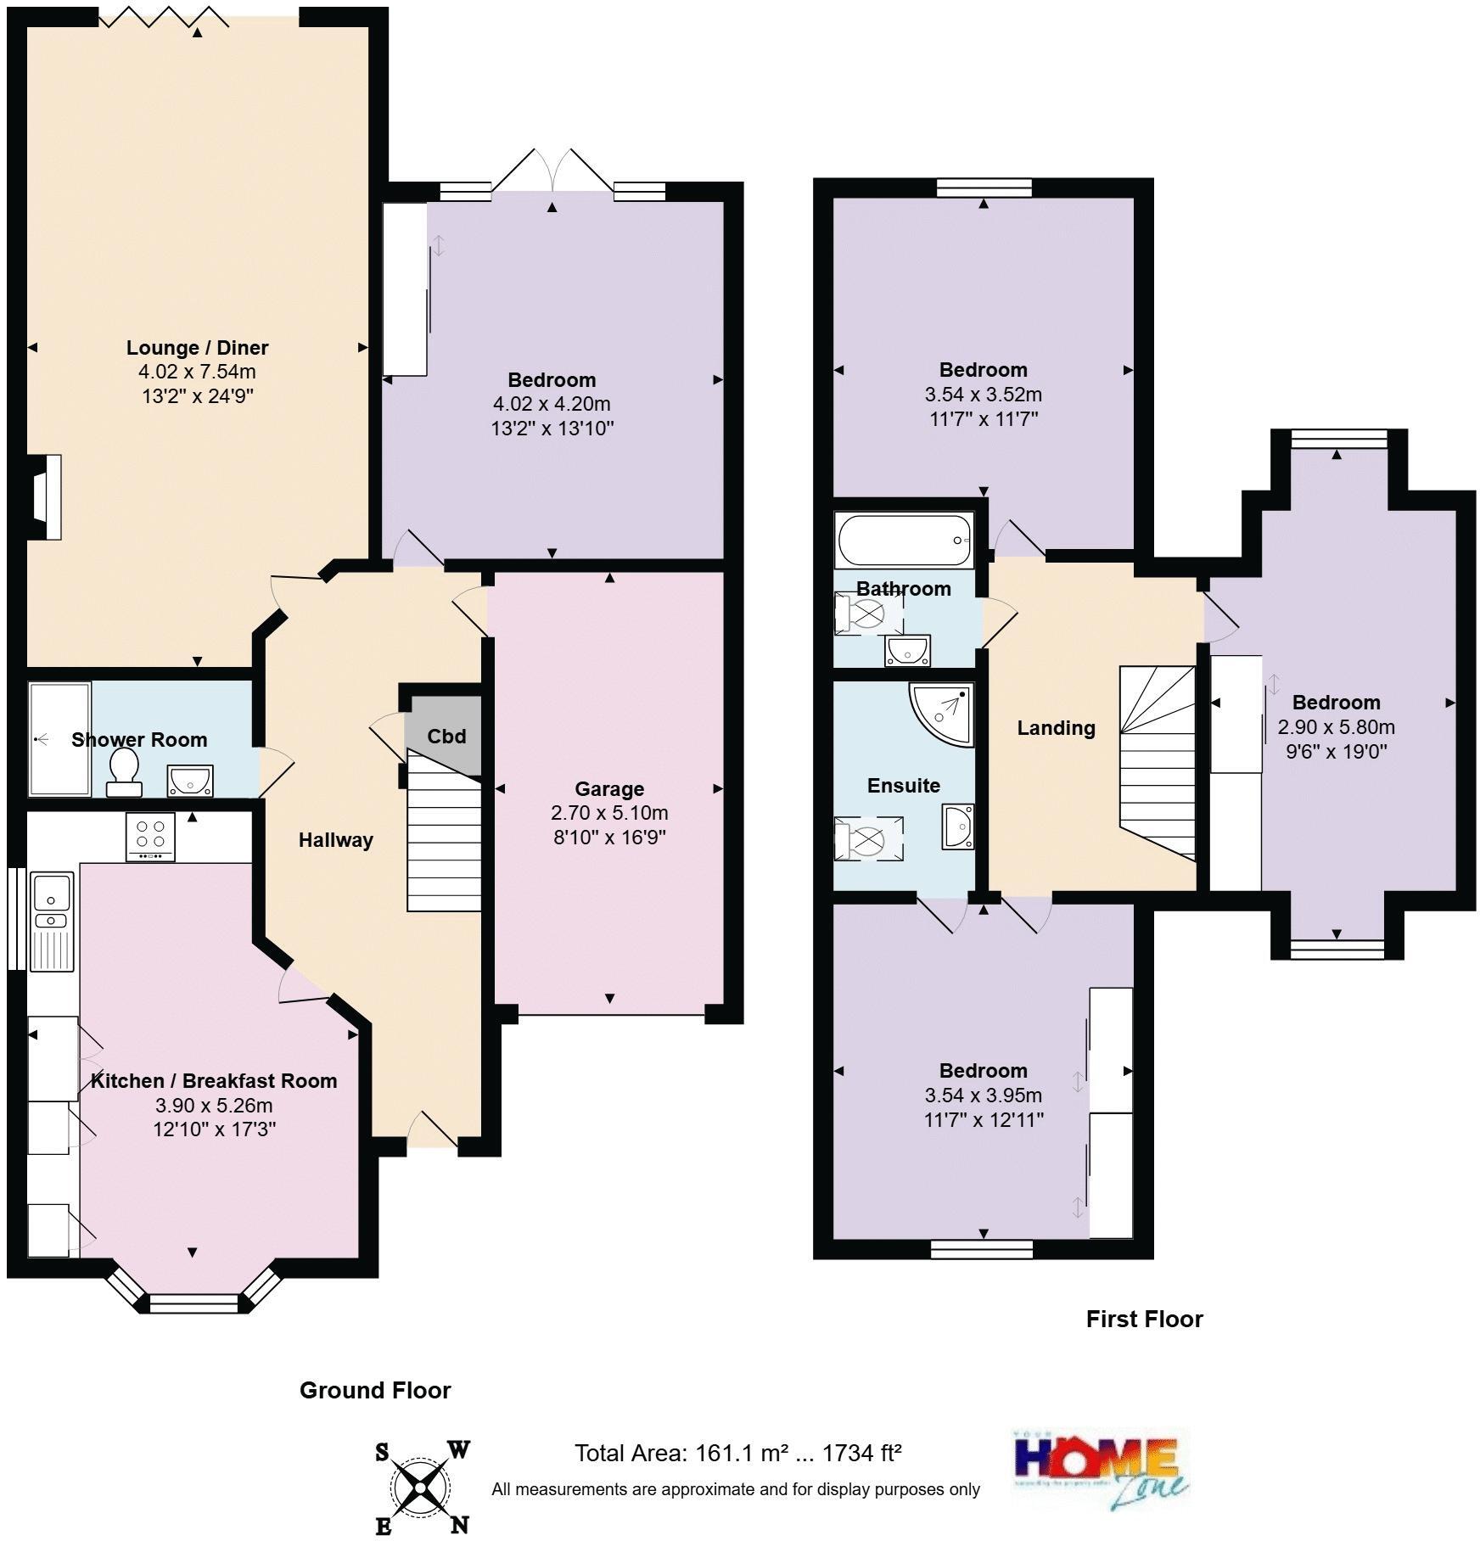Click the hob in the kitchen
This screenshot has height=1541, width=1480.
click(x=150, y=837)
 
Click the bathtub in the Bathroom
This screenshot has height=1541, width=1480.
click(x=904, y=541)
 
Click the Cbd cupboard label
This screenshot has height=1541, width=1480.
click(x=446, y=736)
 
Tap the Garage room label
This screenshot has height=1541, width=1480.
click(x=608, y=788)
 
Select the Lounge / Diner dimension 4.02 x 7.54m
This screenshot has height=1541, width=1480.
click(x=197, y=372)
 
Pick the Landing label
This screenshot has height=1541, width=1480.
click(x=1056, y=728)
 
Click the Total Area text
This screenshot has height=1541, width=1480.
click(x=737, y=1454)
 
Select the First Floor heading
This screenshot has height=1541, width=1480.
click(x=1144, y=1319)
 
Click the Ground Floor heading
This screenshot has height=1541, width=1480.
click(x=375, y=1390)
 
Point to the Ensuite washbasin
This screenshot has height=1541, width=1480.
click(x=959, y=827)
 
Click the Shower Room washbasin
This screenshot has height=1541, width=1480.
click(x=190, y=781)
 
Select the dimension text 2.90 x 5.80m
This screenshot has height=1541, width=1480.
click(x=1336, y=727)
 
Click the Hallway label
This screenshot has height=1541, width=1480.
click(x=335, y=840)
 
